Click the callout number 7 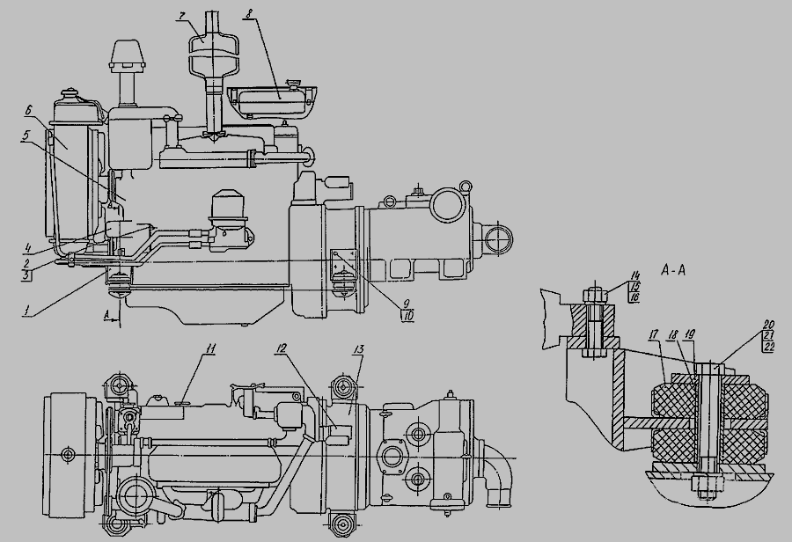tap(180, 15)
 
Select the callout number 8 tap(248, 14)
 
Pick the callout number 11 tap(210, 348)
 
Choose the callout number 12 tap(282, 348)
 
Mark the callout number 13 tap(359, 348)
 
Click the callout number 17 tap(655, 333)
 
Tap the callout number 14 tap(634, 275)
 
